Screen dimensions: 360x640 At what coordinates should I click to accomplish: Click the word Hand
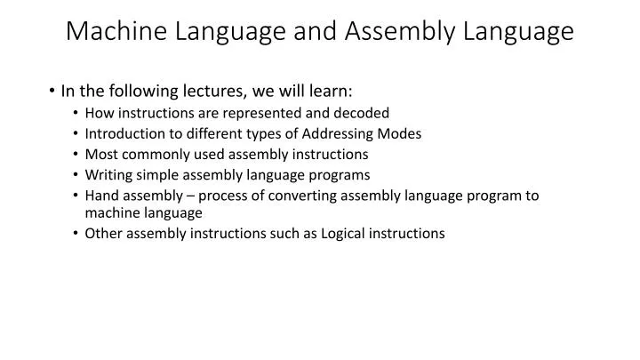[101, 196]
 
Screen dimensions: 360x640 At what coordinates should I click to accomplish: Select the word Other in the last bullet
[104, 234]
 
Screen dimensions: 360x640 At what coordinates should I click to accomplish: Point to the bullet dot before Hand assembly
[77, 196]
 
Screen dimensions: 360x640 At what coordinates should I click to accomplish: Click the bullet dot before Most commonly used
[77, 154]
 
